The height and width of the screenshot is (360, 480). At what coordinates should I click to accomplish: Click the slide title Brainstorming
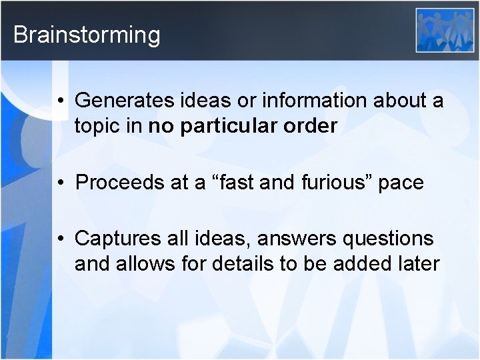click(x=87, y=35)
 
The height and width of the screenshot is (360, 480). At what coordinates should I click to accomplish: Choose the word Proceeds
click(x=121, y=183)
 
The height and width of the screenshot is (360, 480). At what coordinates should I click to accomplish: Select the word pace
click(x=401, y=183)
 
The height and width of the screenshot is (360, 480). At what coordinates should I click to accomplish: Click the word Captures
click(x=118, y=238)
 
